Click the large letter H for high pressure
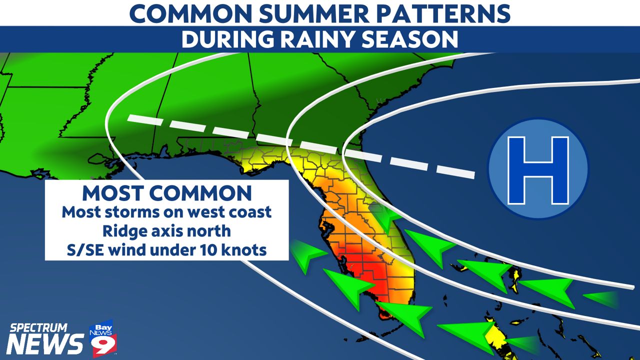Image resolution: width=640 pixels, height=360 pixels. tap(538, 170)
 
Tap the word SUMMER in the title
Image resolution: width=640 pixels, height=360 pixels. tap(314, 13)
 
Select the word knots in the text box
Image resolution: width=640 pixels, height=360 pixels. tap(244, 250)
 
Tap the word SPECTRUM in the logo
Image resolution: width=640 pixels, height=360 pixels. tap(38, 328)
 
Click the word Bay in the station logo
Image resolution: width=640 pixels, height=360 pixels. tap(103, 327)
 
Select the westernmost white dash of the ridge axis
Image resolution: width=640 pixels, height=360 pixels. tap(145, 120)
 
